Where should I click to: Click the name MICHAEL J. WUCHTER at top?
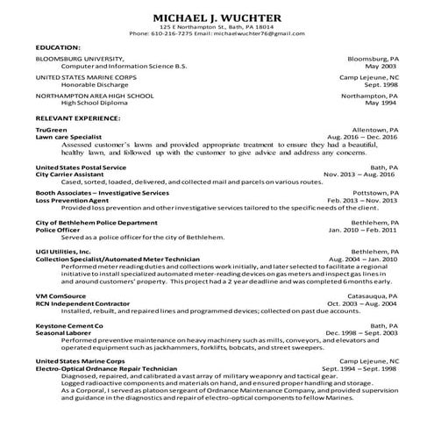217,18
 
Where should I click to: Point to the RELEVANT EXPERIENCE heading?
79,117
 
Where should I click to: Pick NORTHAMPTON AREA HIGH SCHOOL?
90,96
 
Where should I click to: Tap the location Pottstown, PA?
374,192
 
